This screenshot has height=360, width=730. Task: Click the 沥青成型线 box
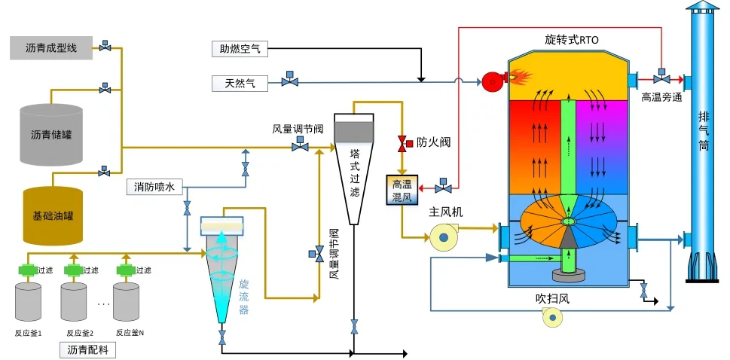tap(51, 47)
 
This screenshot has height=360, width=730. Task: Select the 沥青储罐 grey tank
tap(51, 136)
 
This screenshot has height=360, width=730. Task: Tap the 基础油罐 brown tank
tap(52, 215)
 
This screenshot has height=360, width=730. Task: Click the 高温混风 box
tap(401, 191)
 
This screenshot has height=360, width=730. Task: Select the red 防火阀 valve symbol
tap(402, 143)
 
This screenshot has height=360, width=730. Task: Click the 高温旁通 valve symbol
tap(661, 78)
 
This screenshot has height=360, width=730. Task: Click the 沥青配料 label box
tap(87, 349)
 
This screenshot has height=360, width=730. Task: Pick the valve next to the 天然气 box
tap(288, 81)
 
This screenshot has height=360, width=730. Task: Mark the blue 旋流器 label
tap(243, 295)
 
